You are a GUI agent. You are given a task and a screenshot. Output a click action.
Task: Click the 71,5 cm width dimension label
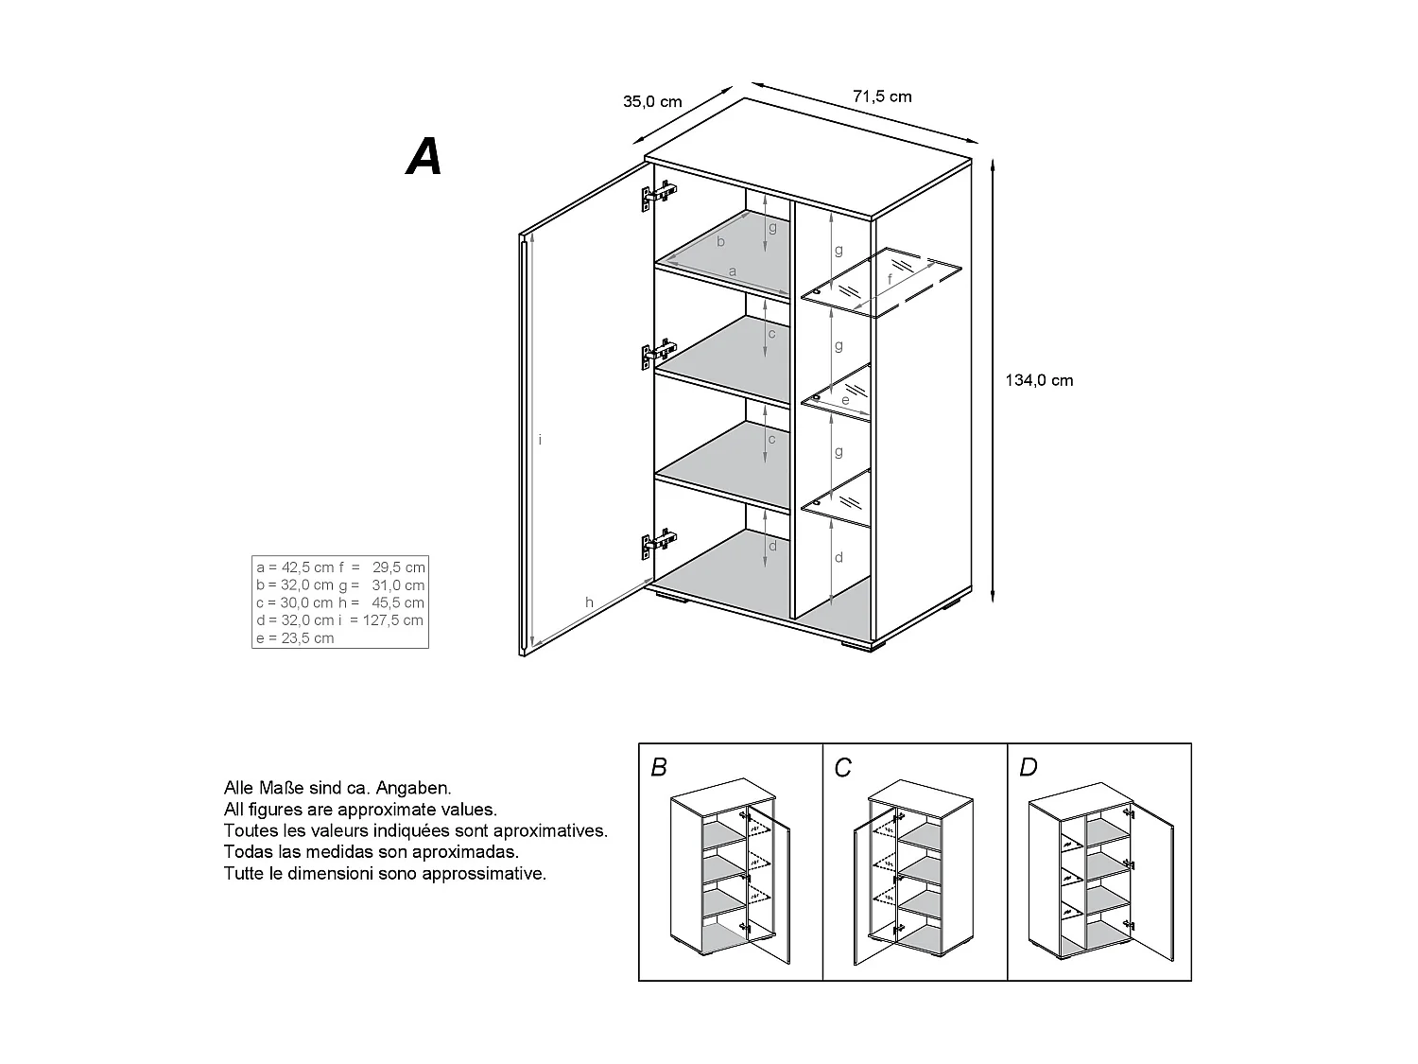[882, 96]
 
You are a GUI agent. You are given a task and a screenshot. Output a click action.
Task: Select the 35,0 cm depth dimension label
[652, 102]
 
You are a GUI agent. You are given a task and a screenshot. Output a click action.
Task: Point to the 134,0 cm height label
[1039, 380]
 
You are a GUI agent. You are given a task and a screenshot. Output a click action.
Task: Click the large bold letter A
[424, 157]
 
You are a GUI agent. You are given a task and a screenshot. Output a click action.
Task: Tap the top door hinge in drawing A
[659, 195]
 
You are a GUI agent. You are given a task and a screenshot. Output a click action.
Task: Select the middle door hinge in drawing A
[659, 353]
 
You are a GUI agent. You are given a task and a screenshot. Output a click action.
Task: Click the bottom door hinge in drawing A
[659, 543]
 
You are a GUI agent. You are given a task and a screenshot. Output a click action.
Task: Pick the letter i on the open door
[540, 440]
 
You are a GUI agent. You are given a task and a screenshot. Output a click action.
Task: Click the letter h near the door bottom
[589, 602]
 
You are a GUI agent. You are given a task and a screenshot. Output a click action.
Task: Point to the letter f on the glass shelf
[890, 280]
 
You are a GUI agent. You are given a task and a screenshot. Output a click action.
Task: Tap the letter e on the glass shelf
[845, 401]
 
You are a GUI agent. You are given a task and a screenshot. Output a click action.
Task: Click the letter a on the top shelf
[733, 271]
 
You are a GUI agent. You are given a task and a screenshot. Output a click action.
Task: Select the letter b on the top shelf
[720, 241]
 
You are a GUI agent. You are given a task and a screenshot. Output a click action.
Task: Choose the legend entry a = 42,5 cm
[295, 567]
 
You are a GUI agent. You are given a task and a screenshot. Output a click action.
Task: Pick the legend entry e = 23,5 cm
[295, 638]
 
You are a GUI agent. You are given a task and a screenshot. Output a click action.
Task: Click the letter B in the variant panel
[659, 767]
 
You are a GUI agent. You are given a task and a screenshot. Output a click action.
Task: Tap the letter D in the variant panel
[1028, 767]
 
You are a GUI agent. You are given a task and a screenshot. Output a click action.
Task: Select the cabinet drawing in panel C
[908, 870]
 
